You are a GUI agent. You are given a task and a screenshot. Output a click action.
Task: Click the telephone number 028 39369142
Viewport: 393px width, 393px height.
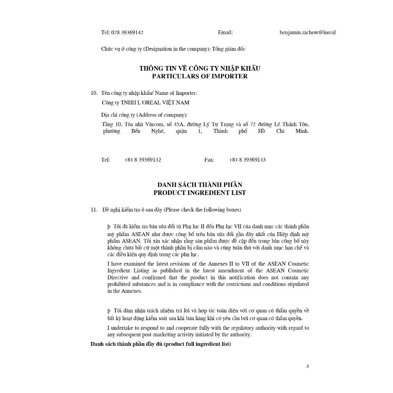click(x=127, y=33)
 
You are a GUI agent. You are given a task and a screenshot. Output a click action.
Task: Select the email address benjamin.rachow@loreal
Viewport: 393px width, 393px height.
click(x=307, y=33)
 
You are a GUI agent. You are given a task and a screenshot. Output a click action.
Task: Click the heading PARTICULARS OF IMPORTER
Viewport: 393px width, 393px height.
click(x=200, y=76)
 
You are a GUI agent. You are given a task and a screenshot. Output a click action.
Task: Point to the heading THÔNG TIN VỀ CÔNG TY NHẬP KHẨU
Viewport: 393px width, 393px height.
click(x=200, y=68)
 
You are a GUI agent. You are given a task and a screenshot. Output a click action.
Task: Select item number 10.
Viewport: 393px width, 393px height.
click(x=94, y=93)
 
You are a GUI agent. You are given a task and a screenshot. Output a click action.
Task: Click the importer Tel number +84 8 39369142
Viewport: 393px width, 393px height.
click(x=142, y=160)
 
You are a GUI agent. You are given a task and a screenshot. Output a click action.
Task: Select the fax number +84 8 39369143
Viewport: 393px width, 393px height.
click(x=247, y=160)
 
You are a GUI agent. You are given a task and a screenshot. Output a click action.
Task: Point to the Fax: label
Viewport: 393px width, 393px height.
click(x=209, y=160)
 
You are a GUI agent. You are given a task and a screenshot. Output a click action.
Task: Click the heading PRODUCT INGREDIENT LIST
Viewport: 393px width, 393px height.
click(x=200, y=193)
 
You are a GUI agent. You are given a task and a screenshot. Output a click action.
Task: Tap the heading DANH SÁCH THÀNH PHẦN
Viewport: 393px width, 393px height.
click(x=200, y=185)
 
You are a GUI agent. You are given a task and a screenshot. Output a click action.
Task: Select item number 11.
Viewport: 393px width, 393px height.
click(x=94, y=210)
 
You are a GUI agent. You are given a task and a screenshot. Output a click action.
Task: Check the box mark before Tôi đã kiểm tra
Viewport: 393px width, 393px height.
click(x=109, y=227)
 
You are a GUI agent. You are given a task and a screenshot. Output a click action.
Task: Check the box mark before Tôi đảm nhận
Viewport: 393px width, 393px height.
click(x=109, y=311)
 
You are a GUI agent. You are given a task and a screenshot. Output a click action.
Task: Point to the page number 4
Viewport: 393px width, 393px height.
click(x=307, y=366)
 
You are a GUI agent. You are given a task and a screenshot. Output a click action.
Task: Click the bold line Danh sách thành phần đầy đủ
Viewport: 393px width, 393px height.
click(x=161, y=344)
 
